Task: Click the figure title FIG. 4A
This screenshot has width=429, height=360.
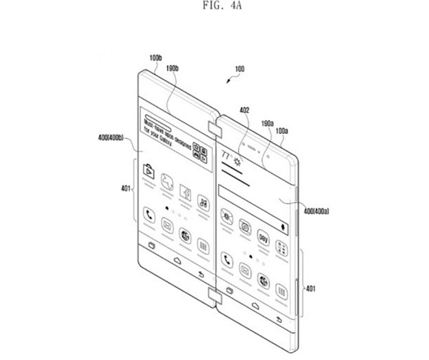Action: coord(214,9)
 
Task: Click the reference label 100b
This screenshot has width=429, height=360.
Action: coord(155,57)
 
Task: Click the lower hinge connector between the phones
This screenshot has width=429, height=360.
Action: coord(213,293)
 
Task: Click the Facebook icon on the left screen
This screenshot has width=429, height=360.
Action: coord(184,194)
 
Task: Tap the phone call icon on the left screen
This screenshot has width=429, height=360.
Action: coord(149,213)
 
